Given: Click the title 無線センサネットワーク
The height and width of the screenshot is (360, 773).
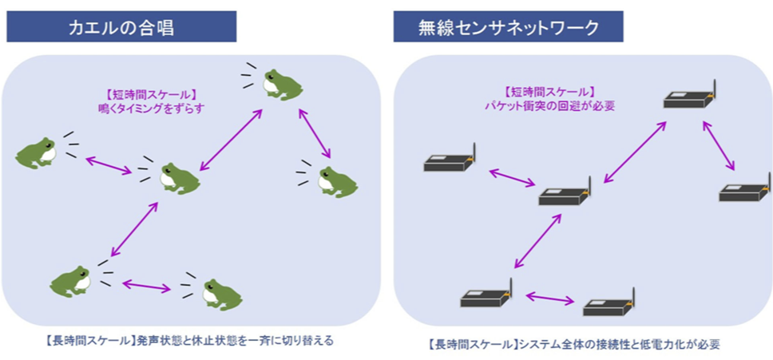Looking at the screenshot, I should (508, 28).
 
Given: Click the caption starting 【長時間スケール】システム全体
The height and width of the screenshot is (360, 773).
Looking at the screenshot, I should (574, 345).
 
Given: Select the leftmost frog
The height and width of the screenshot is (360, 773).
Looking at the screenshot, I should (37, 152).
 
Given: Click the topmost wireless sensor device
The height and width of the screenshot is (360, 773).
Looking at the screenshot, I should (688, 98).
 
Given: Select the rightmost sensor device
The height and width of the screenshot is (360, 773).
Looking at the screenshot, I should (744, 192).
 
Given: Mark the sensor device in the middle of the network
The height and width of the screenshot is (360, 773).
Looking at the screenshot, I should (564, 194).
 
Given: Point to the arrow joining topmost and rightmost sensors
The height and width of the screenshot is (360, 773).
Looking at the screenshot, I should (718, 144).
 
